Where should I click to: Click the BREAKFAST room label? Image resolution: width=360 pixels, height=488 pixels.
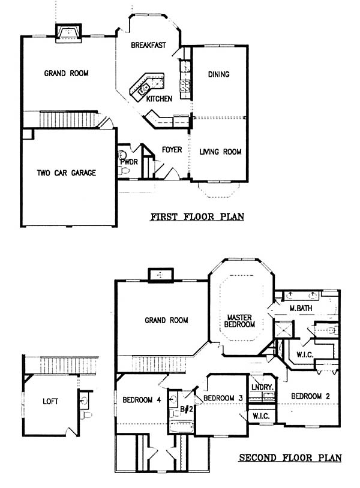[148, 45]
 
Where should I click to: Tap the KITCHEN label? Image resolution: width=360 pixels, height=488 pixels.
[159, 99]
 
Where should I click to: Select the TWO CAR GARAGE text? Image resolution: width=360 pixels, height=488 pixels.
[67, 173]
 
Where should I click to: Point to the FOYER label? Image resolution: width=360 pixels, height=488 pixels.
[172, 150]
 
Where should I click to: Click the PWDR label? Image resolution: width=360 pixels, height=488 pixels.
[129, 162]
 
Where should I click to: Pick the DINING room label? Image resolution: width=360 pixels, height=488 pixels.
[218, 74]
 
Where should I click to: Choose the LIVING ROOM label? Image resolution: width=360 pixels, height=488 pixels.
[220, 152]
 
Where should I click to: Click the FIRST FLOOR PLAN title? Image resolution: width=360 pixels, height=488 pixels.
[197, 216]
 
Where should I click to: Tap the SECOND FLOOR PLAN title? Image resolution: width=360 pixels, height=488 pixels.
[290, 457]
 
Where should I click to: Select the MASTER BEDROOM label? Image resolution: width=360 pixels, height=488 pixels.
[239, 321]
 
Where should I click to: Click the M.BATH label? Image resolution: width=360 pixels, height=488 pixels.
[301, 308]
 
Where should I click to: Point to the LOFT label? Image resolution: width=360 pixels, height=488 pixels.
[50, 402]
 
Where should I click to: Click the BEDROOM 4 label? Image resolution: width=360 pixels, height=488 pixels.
[142, 400]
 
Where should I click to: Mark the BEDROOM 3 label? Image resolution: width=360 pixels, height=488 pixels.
[223, 398]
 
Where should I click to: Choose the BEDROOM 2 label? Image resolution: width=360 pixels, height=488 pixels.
[310, 396]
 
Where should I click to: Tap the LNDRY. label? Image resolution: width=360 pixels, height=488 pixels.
[262, 387]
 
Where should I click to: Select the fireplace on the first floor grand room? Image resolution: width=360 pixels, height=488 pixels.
[68, 33]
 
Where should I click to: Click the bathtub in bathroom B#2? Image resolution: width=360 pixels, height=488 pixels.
[182, 427]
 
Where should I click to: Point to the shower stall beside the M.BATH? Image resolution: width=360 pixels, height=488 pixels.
[283, 330]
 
